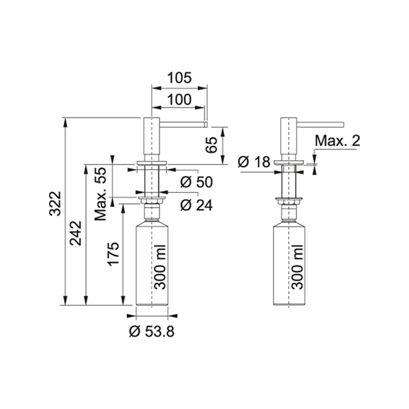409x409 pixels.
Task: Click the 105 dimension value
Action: click(179, 78)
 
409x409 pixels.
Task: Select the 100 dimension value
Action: click(179, 100)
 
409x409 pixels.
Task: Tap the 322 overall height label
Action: click(55, 204)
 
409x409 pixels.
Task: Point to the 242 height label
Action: click(76, 233)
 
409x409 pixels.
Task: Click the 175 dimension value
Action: click(113, 254)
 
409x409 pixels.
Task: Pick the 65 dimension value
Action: click(211, 145)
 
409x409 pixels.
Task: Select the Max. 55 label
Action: click(101, 194)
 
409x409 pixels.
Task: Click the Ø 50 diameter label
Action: click(196, 182)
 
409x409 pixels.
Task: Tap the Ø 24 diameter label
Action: click(196, 205)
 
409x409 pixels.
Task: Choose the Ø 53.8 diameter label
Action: click(152, 332)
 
